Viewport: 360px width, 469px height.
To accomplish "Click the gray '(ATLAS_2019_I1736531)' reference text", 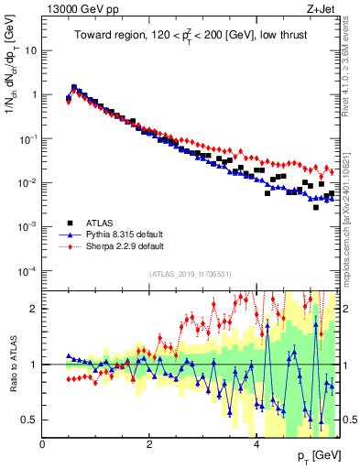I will [x=190, y=274].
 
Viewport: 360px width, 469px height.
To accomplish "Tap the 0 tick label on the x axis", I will [x=43, y=445].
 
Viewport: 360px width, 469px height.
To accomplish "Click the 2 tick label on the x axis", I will [x=149, y=445].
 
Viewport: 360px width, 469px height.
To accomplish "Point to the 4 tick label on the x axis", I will [x=256, y=445].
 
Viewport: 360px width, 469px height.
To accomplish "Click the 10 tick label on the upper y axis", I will [x=30, y=51].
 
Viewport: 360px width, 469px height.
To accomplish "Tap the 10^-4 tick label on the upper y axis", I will [x=27, y=271].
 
